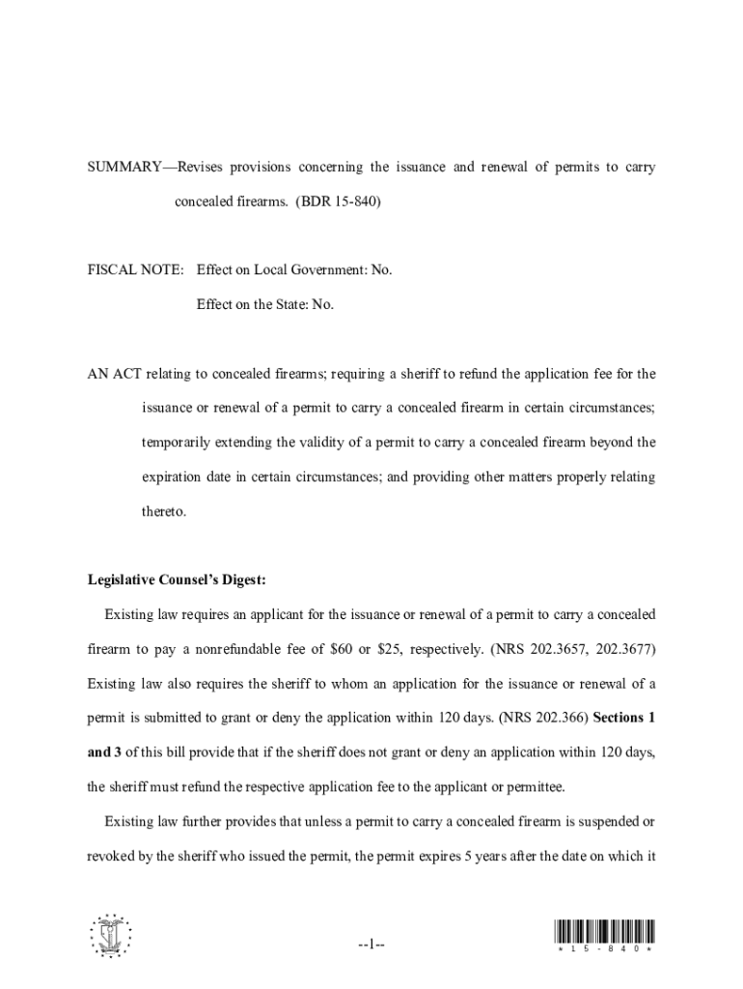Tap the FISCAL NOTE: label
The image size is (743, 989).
tap(135, 270)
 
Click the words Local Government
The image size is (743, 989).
tap(301, 270)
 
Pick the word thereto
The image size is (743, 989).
tap(164, 512)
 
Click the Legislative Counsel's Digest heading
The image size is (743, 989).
tap(176, 580)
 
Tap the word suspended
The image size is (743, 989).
tap(609, 822)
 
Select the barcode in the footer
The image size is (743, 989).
tap(605, 933)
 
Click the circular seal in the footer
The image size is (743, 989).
tap(109, 935)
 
